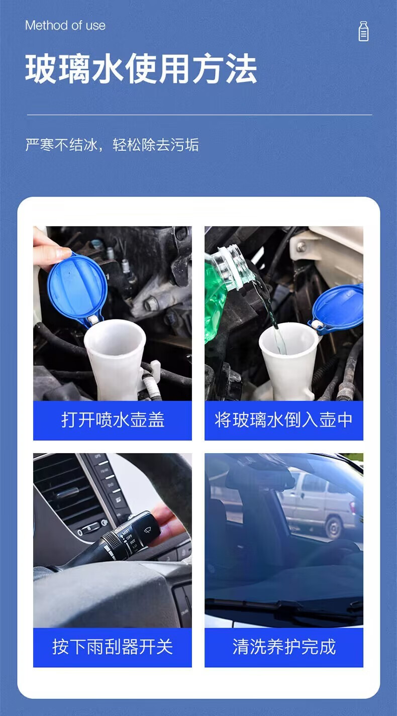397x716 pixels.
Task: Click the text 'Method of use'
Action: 65,26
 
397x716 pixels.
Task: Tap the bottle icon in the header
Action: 363,31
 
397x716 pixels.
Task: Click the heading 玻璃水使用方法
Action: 141,69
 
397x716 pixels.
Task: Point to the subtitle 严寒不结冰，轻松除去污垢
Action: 112,145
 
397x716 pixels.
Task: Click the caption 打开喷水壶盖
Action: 113,420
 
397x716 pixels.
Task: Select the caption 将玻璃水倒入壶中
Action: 283,420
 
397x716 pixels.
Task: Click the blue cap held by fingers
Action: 77,288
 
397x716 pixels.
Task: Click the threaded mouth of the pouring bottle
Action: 238,259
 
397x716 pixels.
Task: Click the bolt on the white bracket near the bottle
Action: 301,246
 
